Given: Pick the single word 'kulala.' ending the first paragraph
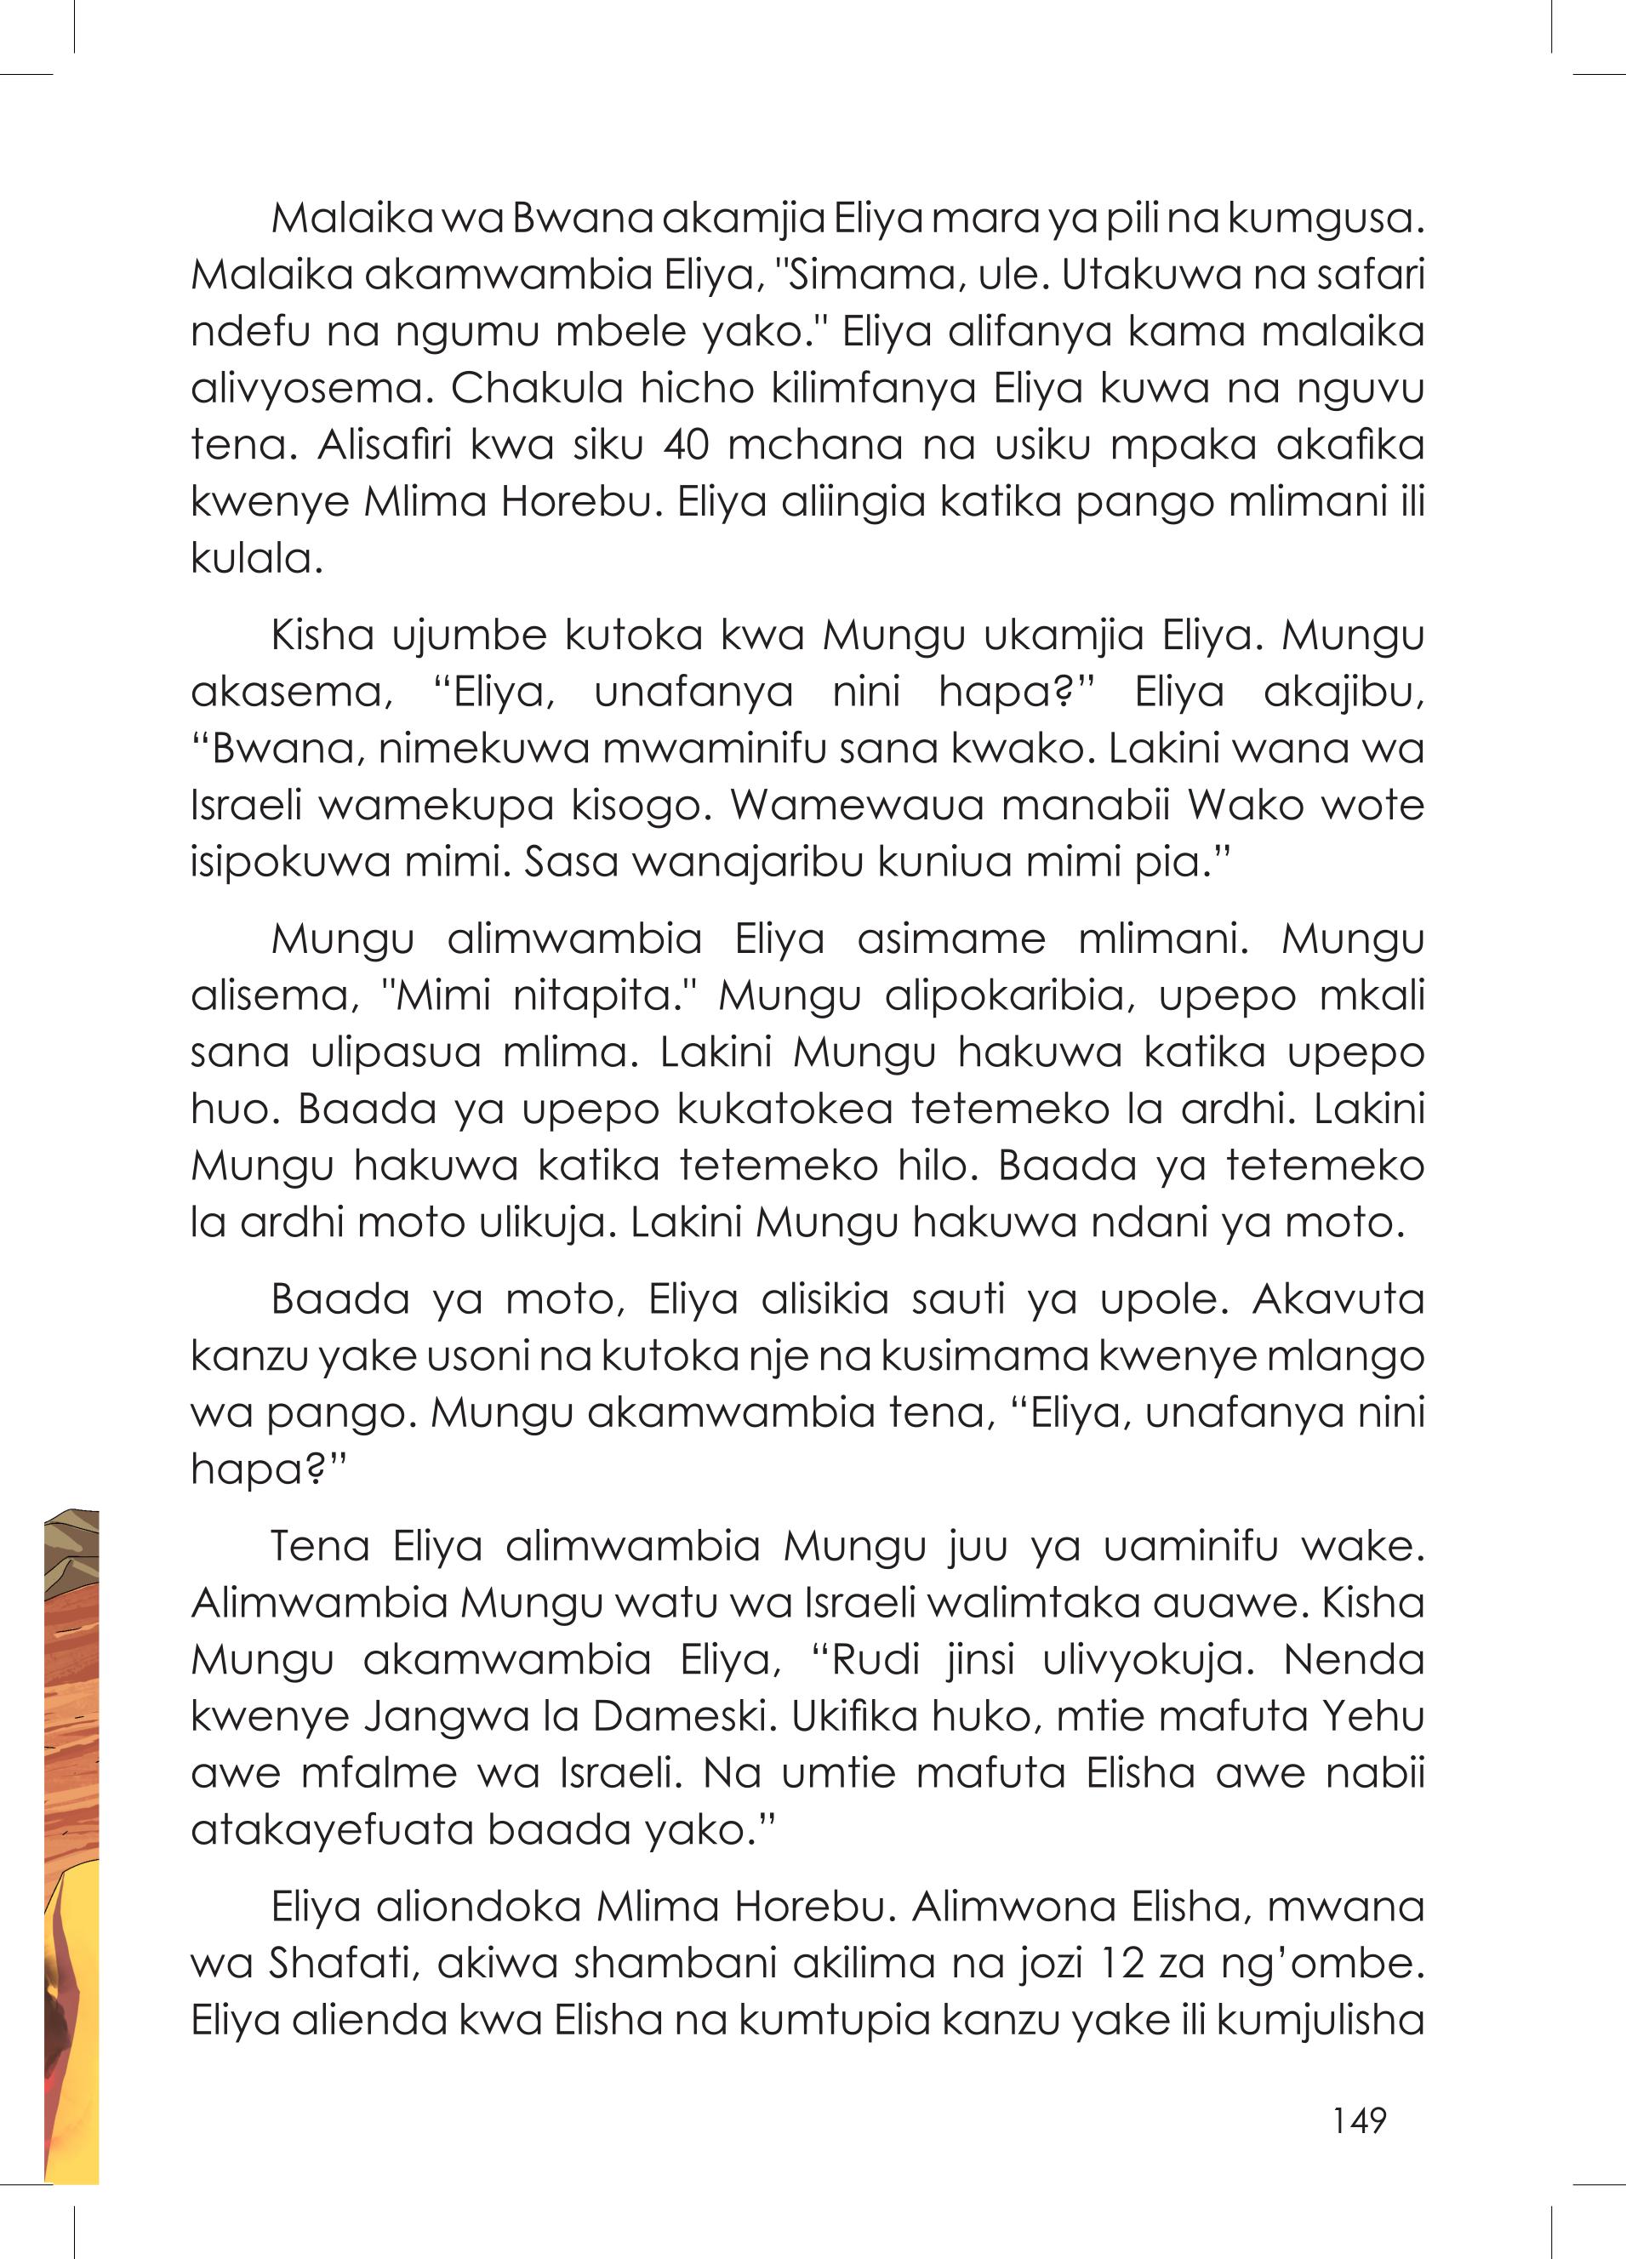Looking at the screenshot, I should [x=257, y=558].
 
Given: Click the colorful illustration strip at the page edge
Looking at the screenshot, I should [x=71, y=1843].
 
